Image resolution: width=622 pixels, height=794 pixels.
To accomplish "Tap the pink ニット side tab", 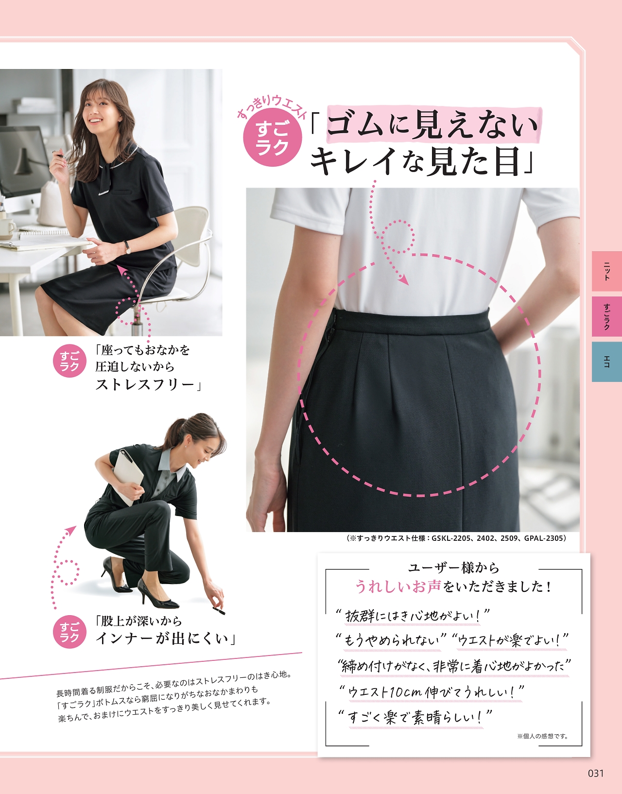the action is [x=606, y=271].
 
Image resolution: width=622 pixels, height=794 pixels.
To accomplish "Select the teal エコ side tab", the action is [x=606, y=362].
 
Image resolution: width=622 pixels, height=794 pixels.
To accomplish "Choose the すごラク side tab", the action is [x=606, y=316].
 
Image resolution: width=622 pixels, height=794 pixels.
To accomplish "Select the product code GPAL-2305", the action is [x=544, y=538].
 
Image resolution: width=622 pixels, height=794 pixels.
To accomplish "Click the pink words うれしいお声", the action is [x=398, y=587].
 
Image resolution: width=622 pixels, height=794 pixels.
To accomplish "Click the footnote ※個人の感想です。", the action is [x=542, y=736].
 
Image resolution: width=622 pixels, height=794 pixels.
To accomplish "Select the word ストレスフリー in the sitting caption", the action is [x=145, y=384].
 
